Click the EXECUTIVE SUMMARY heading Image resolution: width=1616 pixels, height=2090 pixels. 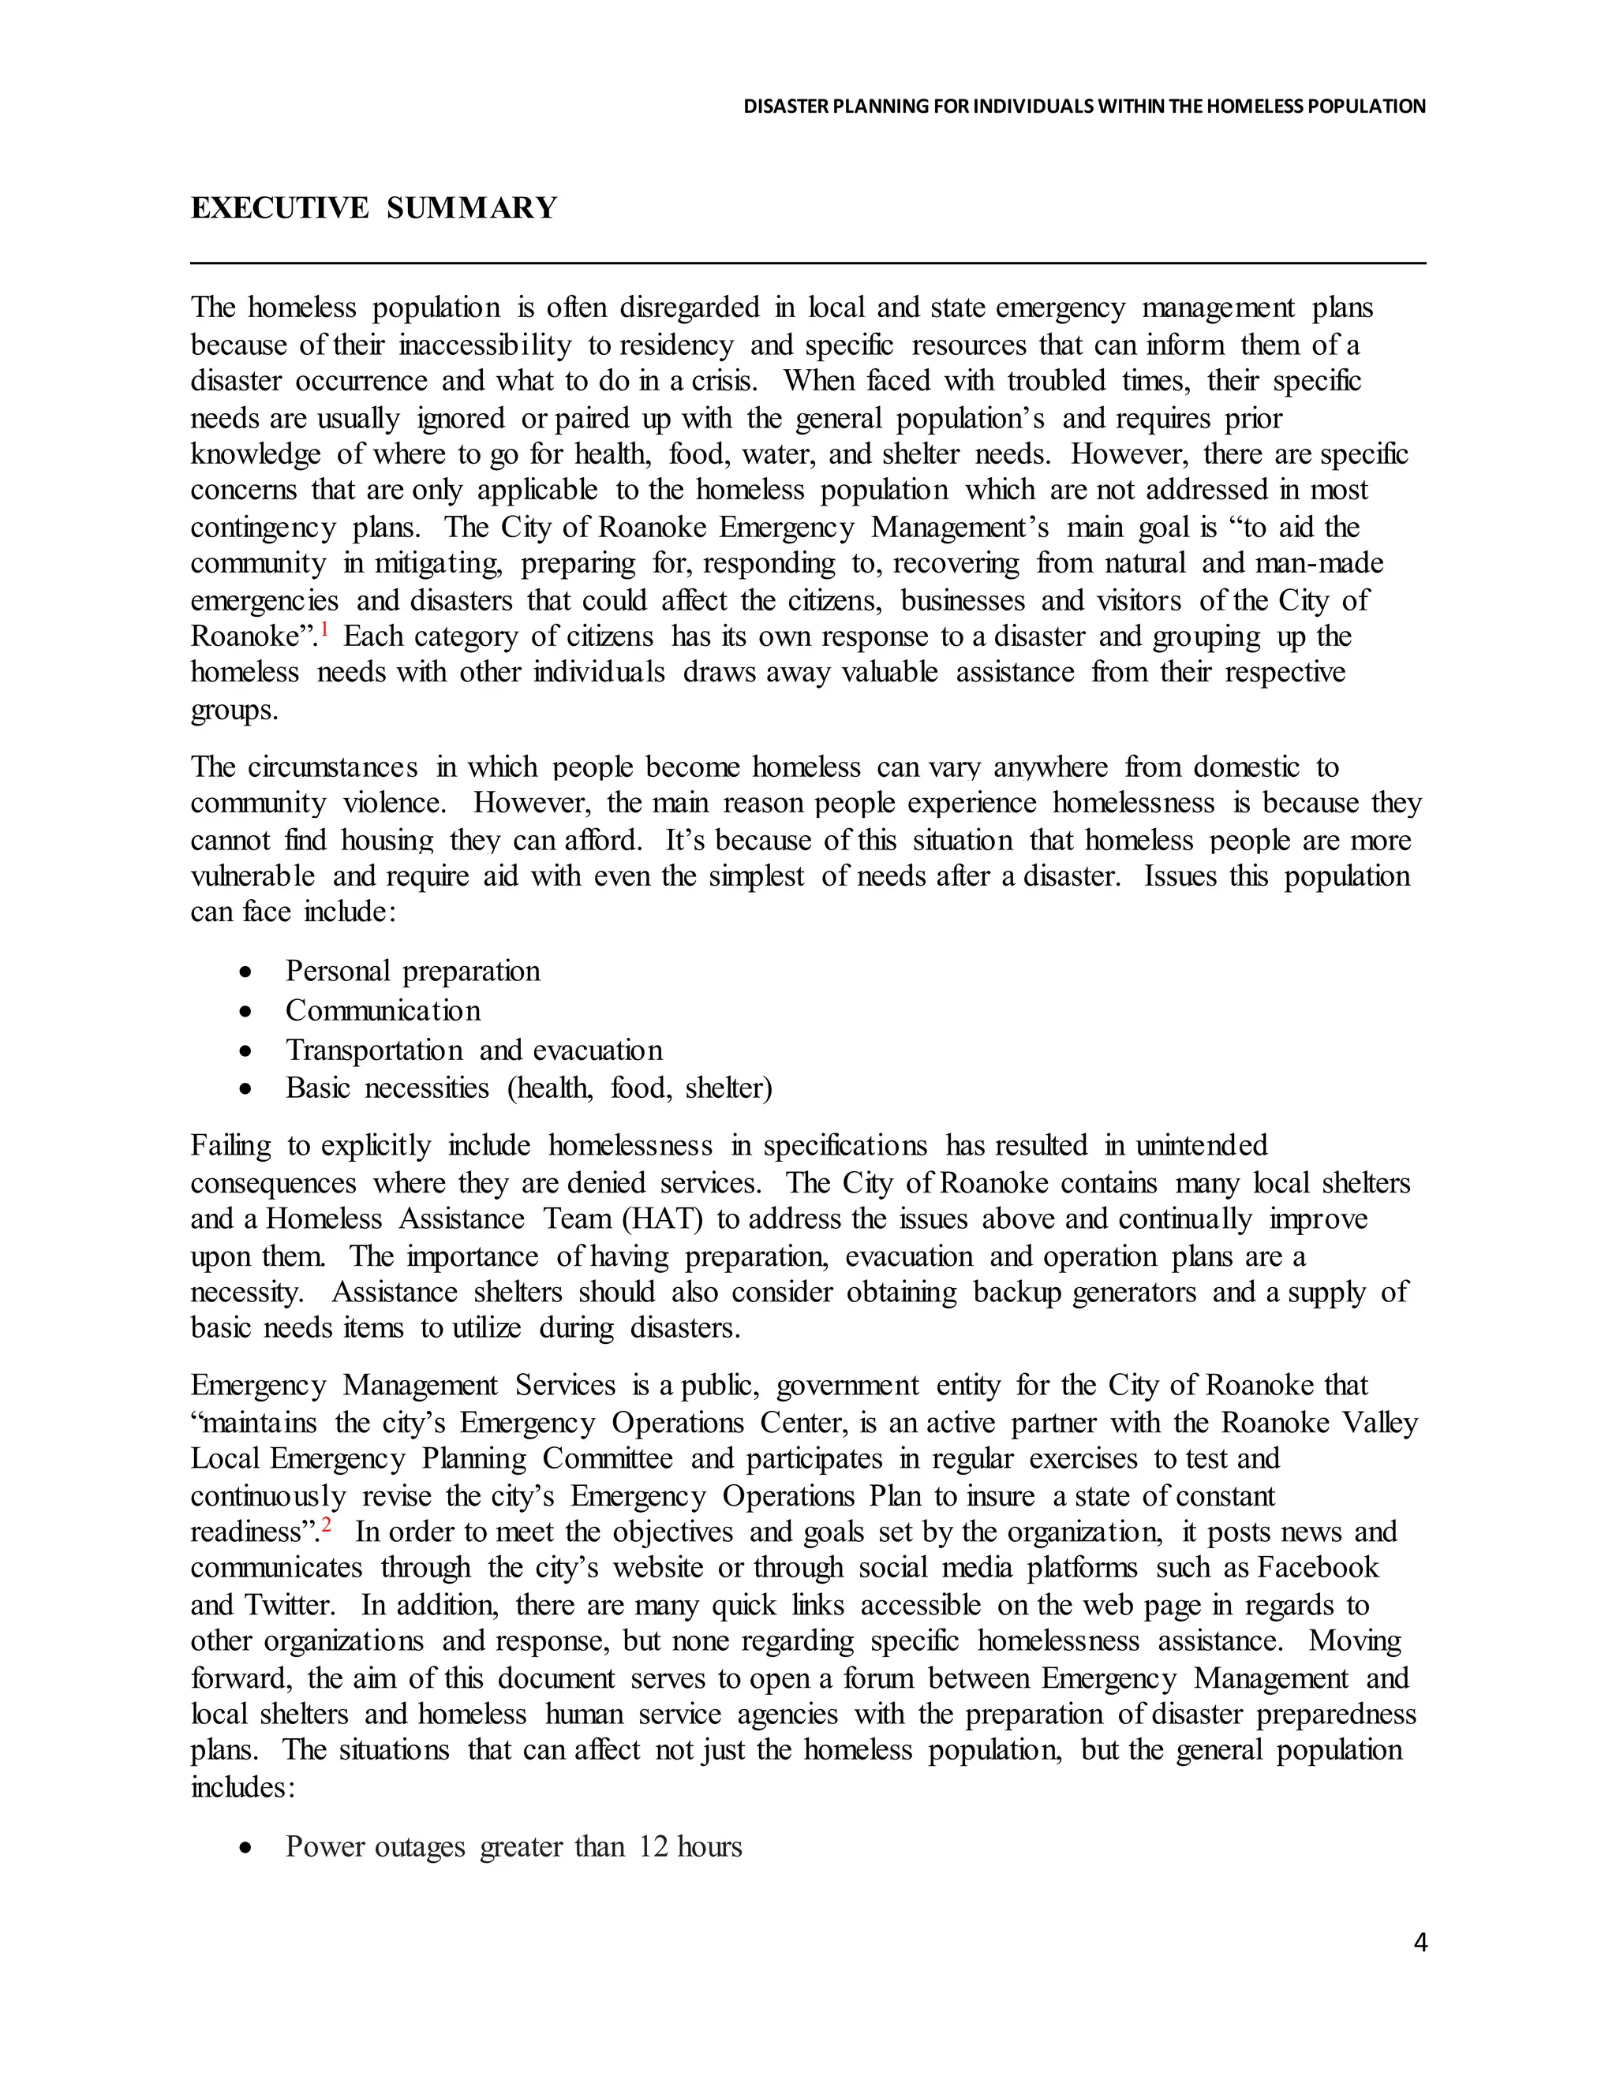coord(373,207)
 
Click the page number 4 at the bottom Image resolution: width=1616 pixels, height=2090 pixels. coord(1420,1942)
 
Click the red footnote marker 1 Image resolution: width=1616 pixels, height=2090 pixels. coord(324,629)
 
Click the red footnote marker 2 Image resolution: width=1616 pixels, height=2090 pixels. coord(327,1525)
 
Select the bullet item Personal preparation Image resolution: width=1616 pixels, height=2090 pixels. coord(413,972)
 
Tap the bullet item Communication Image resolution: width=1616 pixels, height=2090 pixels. coord(383,1010)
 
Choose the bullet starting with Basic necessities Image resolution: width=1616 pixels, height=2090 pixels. coord(529,1088)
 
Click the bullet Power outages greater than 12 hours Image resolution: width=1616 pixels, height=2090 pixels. coord(513,1846)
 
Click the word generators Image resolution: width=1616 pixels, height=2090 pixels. coord(1134,1292)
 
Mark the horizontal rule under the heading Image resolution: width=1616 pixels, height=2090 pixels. coord(808,262)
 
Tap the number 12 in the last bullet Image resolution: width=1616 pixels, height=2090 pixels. coord(652,1846)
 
